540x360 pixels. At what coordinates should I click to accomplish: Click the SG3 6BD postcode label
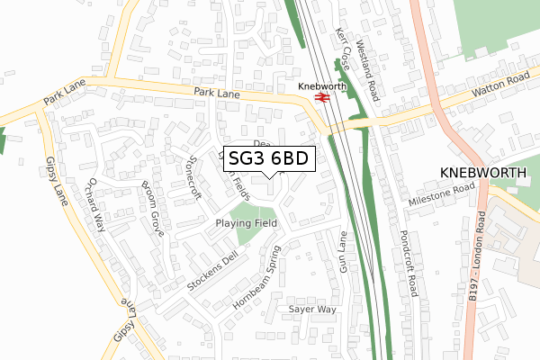point(269,158)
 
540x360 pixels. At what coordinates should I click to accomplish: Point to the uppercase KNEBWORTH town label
point(481,172)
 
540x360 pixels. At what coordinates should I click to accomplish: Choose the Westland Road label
point(370,58)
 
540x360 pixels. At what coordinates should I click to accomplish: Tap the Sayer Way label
point(311,309)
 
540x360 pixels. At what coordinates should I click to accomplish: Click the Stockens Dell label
point(211,271)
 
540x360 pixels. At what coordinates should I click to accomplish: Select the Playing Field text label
point(247,223)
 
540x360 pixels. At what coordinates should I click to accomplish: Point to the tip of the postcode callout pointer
point(270,177)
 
